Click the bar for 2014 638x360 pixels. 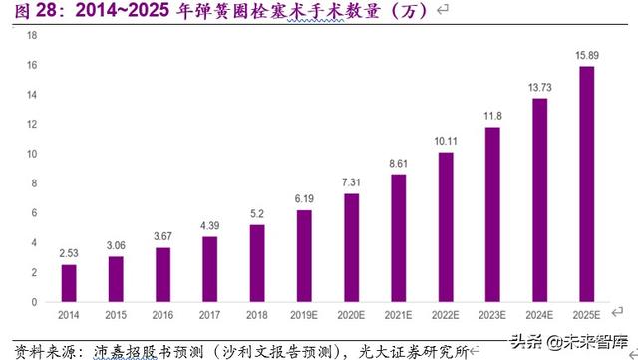coord(69,283)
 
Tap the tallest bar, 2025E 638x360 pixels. coord(587,184)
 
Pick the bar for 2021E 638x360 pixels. coord(399,238)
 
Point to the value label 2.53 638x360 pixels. coord(69,253)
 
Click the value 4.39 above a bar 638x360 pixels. coord(210,226)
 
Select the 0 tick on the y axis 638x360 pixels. coord(34,302)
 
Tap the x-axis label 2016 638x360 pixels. coord(163,315)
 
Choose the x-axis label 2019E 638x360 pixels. coord(304,315)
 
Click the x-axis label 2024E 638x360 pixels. coord(540,315)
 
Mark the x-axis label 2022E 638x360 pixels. coord(446,315)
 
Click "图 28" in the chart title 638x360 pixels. coord(24,10)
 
